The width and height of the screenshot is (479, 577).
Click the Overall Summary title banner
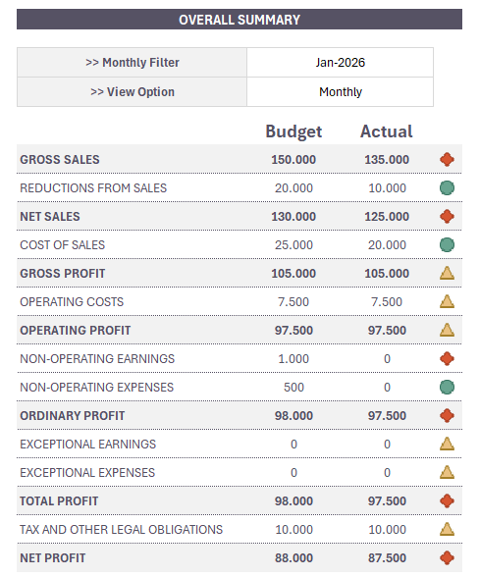pos(239,20)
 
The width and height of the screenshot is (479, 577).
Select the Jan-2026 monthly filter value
pos(340,63)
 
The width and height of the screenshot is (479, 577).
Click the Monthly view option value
pos(340,92)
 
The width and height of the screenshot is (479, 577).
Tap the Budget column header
pos(293,131)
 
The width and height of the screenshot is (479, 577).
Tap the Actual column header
pos(386,131)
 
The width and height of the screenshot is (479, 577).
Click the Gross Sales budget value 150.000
pos(293,160)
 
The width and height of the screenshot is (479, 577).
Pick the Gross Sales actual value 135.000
pos(386,160)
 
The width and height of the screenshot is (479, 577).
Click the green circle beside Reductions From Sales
pos(447,188)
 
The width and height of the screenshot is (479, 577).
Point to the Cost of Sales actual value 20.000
pos(386,245)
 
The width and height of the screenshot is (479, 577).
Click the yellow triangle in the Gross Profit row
pos(447,273)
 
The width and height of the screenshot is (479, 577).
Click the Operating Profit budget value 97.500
pos(293,331)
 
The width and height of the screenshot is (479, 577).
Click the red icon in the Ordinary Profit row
pos(447,416)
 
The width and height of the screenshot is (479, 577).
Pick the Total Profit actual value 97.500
pos(386,501)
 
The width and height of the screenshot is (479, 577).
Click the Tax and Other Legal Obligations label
pos(121,530)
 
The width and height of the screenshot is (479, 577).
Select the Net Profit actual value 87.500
pos(386,558)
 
